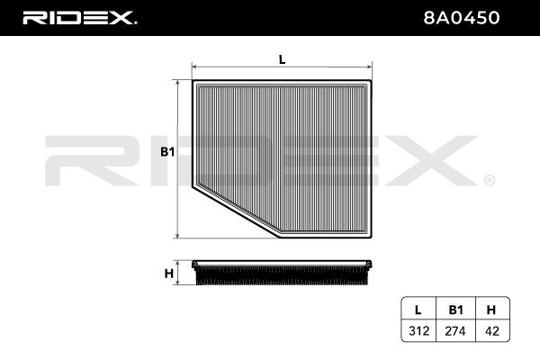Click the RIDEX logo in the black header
click(x=79, y=18)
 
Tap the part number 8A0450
click(x=462, y=18)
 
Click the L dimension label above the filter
click(x=282, y=59)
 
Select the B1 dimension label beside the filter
click(x=167, y=151)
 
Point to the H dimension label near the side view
click(x=169, y=274)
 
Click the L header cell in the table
click(x=418, y=310)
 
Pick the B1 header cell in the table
click(x=455, y=310)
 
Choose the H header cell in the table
click(x=491, y=310)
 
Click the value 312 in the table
click(x=418, y=331)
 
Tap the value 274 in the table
click(x=455, y=331)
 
